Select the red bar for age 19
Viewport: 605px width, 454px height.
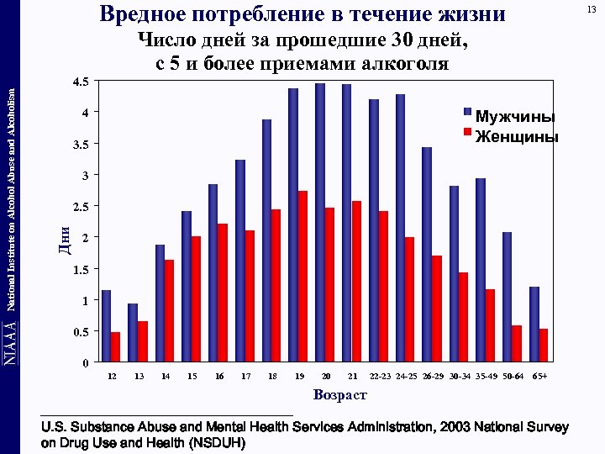click(x=302, y=277)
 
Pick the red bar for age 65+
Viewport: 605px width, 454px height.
click(x=544, y=346)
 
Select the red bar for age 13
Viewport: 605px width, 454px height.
click(x=143, y=341)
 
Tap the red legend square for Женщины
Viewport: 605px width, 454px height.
click(x=468, y=133)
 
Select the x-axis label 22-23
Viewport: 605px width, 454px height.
click(x=380, y=376)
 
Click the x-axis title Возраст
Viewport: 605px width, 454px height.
click(x=339, y=394)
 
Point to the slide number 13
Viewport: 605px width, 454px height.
click(x=592, y=9)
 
